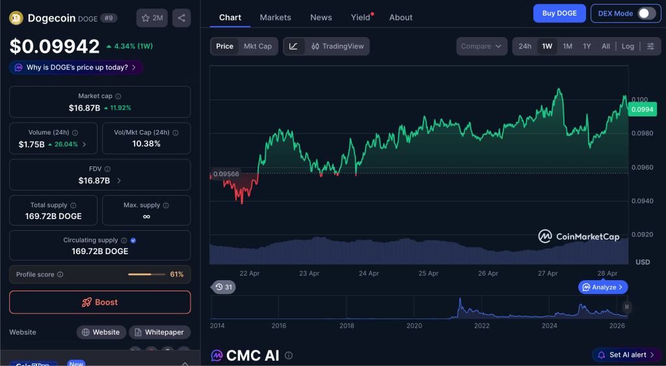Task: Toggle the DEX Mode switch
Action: pyautogui.click(x=646, y=13)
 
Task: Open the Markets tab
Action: pyautogui.click(x=275, y=18)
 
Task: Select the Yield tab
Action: pyautogui.click(x=360, y=18)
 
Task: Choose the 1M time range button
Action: pyautogui.click(x=567, y=46)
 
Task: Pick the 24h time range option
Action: pyautogui.click(x=525, y=46)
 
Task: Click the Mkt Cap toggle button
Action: pyautogui.click(x=258, y=46)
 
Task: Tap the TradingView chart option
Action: pyautogui.click(x=338, y=46)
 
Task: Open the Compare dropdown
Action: pyautogui.click(x=481, y=46)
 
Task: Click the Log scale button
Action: pyautogui.click(x=628, y=46)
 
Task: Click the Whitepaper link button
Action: pyautogui.click(x=159, y=332)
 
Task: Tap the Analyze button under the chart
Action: pyautogui.click(x=603, y=287)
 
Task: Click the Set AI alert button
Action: pyautogui.click(x=627, y=355)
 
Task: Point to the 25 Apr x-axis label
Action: pyautogui.click(x=428, y=274)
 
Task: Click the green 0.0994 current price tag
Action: pyautogui.click(x=643, y=109)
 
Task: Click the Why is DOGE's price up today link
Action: pyautogui.click(x=76, y=68)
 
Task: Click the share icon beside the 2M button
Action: pyautogui.click(x=181, y=18)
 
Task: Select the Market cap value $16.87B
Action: pyautogui.click(x=85, y=108)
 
